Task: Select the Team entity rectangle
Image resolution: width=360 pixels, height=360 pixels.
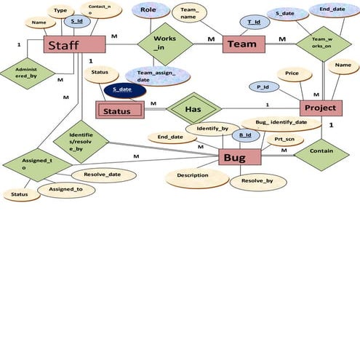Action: pyautogui.click(x=242, y=44)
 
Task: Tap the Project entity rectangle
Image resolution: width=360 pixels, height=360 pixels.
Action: pyautogui.click(x=320, y=108)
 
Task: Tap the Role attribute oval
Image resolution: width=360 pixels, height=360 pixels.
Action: pyautogui.click(x=148, y=11)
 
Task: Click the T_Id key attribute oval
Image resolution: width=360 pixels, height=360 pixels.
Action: pyautogui.click(x=255, y=23)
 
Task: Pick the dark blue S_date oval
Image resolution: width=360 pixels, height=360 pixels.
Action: pyautogui.click(x=125, y=91)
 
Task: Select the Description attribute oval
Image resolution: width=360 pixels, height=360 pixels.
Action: pyautogui.click(x=192, y=175)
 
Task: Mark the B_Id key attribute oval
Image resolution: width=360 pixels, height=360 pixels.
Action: pyautogui.click(x=246, y=135)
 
